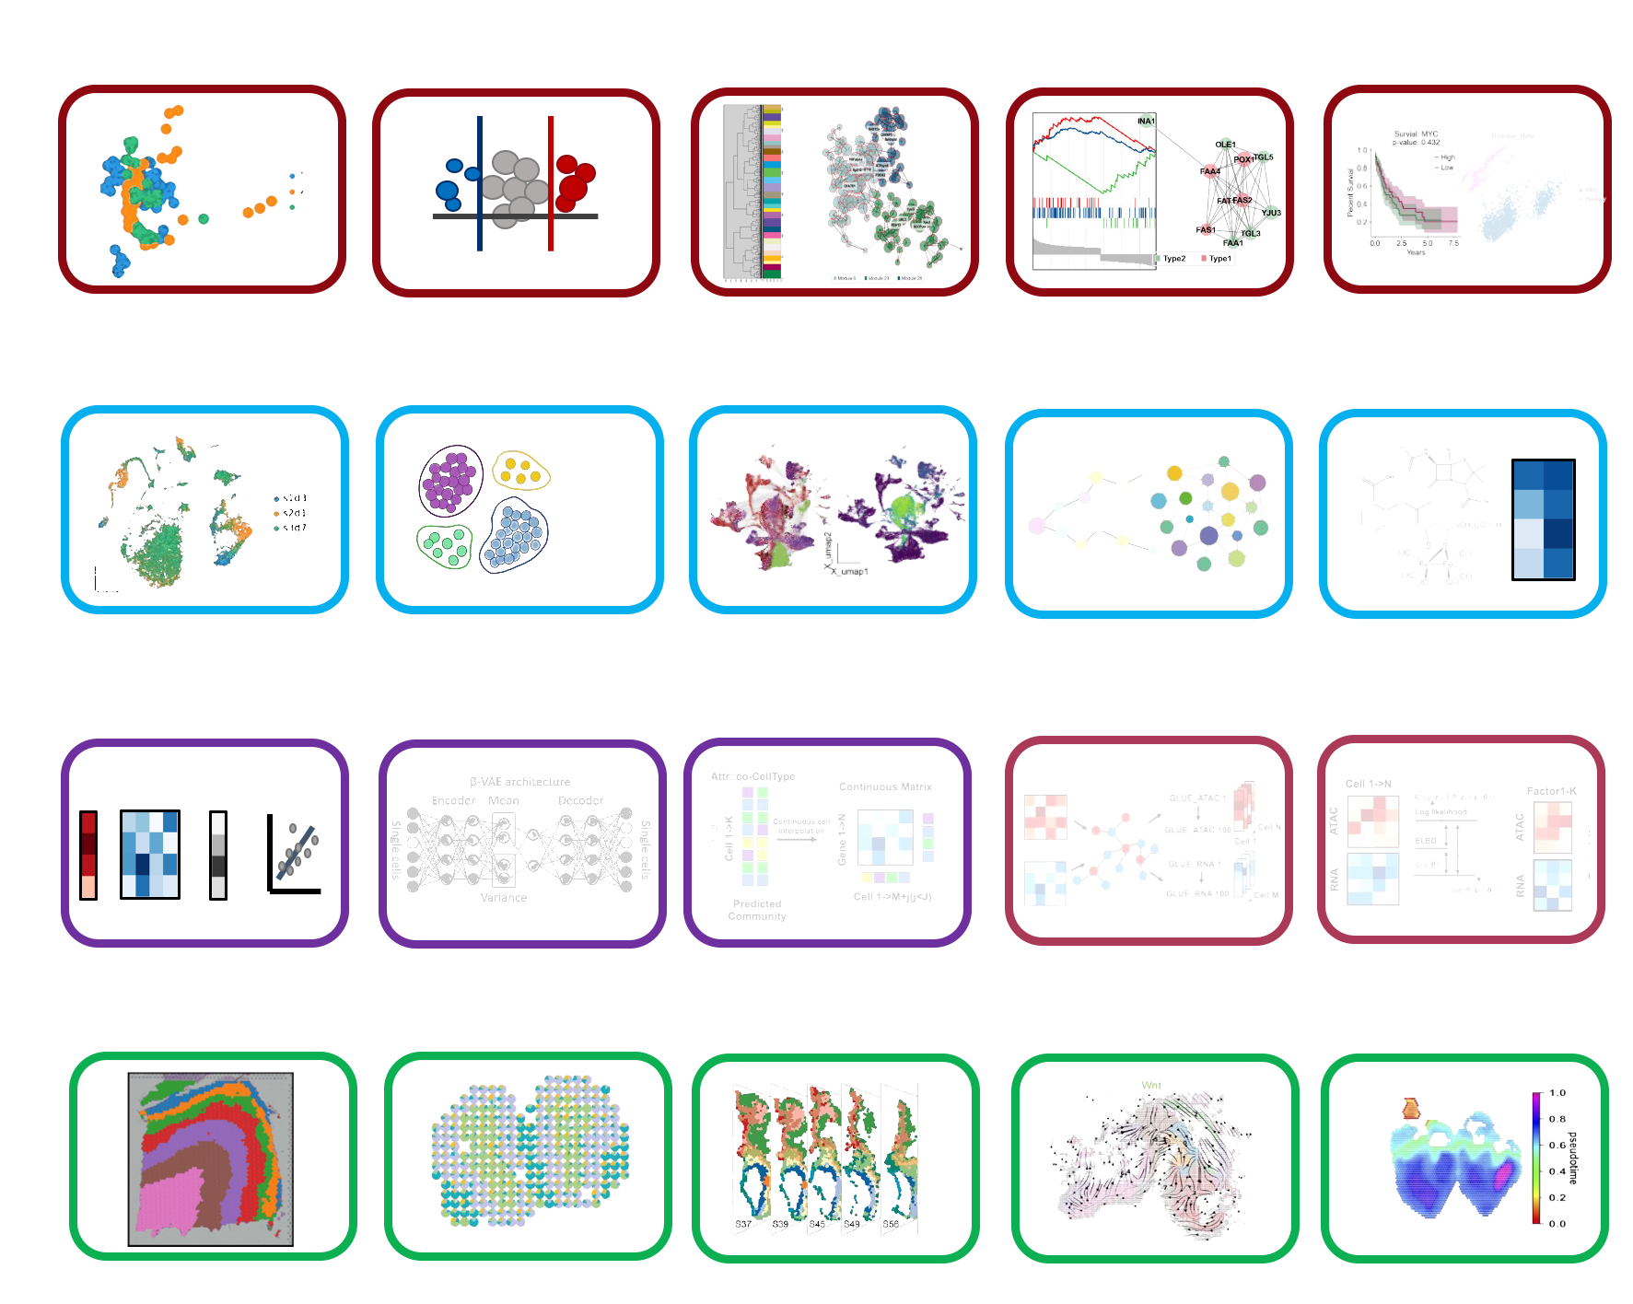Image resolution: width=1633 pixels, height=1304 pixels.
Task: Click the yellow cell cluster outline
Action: pos(521,470)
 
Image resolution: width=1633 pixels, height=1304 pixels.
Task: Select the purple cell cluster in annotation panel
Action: pos(449,480)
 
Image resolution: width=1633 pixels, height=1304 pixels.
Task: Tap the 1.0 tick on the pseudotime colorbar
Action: pos(1557,1093)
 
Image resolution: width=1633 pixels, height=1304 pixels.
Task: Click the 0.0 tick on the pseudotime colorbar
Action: pos(1557,1224)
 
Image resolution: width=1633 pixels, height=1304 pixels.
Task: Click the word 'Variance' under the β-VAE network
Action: pos(503,897)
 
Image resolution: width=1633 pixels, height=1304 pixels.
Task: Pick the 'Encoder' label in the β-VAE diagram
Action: pos(453,800)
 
